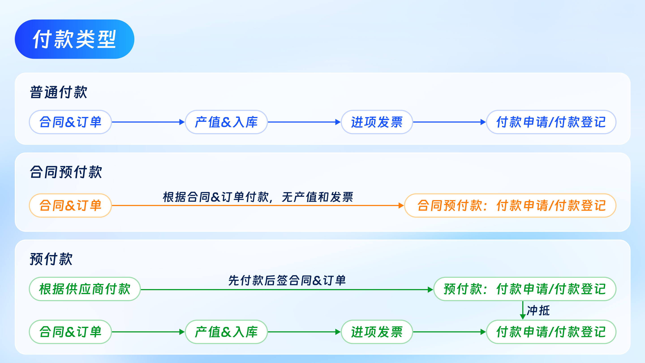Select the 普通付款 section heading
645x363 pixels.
(58, 92)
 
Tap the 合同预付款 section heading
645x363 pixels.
(66, 172)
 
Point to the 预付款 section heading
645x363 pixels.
(51, 259)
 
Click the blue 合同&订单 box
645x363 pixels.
(70, 122)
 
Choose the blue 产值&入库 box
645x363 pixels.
(226, 122)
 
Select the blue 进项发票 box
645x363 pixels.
(376, 122)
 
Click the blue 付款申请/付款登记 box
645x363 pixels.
(551, 122)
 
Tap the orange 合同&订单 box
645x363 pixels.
(70, 205)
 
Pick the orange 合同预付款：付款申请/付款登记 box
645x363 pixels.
(510, 205)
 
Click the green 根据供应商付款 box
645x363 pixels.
(85, 289)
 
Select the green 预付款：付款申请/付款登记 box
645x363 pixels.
(525, 289)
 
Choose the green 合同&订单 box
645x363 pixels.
(70, 332)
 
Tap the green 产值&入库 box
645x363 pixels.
(226, 332)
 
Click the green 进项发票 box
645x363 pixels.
(376, 332)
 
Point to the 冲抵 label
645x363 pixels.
(538, 311)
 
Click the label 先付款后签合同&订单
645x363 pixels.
(287, 280)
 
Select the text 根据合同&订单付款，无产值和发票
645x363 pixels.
(258, 197)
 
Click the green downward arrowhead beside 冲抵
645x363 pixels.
(523, 317)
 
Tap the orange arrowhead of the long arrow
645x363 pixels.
(401, 205)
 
